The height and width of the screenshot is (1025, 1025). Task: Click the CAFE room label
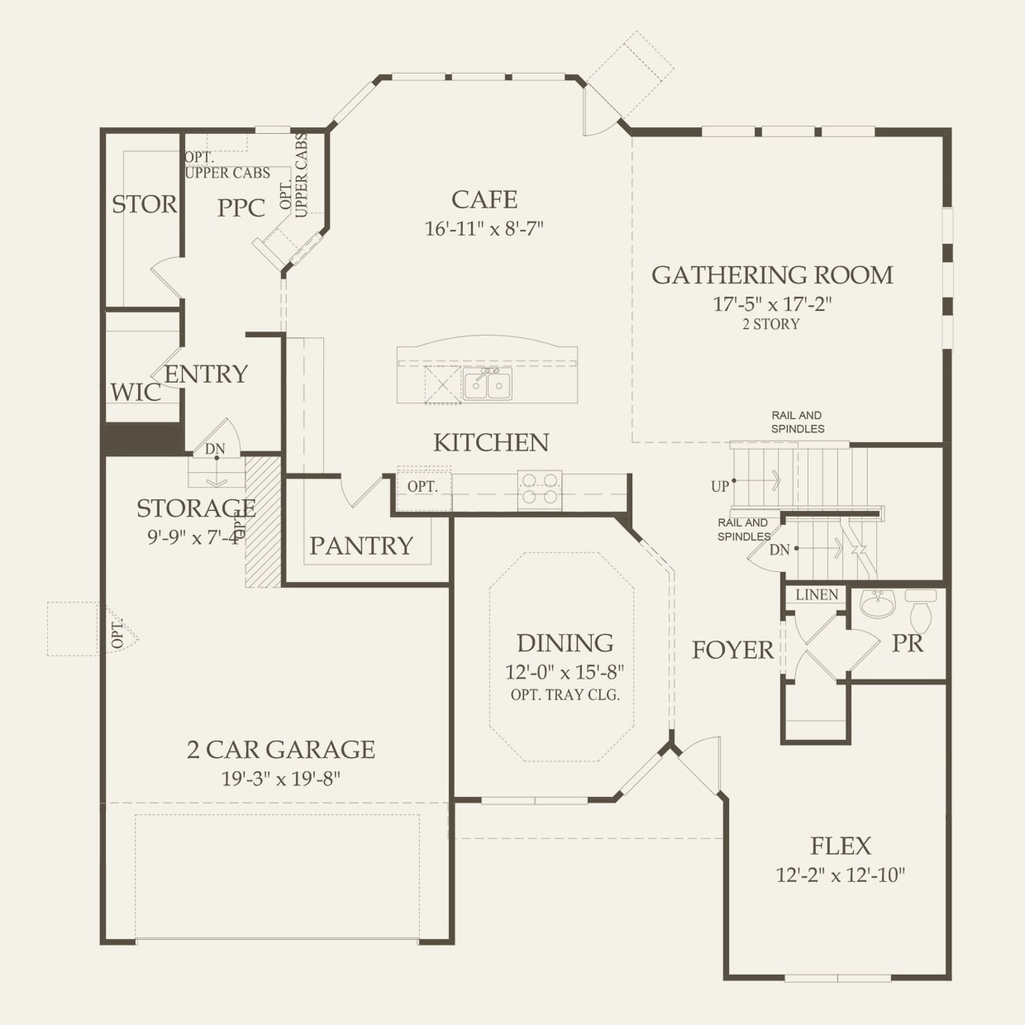click(x=484, y=200)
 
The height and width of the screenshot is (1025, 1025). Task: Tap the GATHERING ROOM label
click(x=772, y=275)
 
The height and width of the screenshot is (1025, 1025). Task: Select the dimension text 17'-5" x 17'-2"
click(x=772, y=303)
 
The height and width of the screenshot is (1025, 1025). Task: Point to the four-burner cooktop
click(x=539, y=489)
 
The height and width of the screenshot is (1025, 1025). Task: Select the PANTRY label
click(x=361, y=546)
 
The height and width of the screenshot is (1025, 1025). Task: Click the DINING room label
click(x=565, y=643)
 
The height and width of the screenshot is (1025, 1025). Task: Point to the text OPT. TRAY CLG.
click(x=565, y=694)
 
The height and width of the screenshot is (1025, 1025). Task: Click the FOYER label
click(x=732, y=650)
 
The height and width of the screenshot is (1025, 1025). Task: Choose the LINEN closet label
click(x=817, y=594)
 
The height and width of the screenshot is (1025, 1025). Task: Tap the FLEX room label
click(x=841, y=846)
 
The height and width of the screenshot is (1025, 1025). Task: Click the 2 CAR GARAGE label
click(x=281, y=750)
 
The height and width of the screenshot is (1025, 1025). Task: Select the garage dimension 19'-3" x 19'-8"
click(x=281, y=779)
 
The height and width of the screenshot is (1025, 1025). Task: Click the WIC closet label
click(x=136, y=393)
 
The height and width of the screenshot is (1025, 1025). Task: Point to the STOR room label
click(x=144, y=204)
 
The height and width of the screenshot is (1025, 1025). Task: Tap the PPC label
click(x=241, y=208)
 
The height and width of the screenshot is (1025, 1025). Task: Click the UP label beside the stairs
click(x=720, y=486)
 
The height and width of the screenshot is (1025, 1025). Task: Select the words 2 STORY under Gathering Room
click(x=771, y=324)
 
